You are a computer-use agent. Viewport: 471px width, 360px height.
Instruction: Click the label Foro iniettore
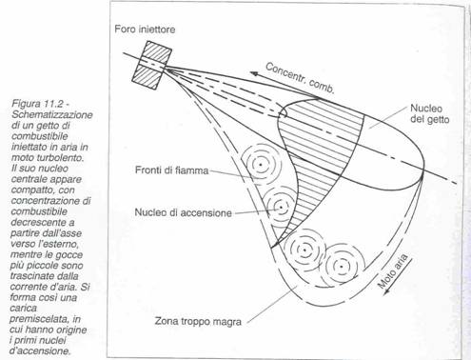145,30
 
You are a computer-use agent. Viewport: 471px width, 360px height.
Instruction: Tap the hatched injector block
151,65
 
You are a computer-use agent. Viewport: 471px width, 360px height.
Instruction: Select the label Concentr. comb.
300,78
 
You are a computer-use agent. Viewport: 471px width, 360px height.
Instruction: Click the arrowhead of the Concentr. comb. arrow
254,74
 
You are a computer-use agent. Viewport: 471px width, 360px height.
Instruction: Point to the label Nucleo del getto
429,113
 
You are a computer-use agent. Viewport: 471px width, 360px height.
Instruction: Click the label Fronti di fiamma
171,170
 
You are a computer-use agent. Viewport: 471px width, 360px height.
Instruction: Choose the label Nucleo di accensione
183,212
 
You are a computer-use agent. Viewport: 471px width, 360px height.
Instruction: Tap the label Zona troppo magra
198,321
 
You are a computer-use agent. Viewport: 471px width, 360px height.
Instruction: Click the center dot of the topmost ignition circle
261,165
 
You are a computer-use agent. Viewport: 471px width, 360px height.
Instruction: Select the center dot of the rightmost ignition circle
341,266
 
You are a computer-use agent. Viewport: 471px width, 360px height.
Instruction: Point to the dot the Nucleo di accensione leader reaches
281,208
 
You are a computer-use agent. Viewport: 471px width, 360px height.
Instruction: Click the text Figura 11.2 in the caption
38,104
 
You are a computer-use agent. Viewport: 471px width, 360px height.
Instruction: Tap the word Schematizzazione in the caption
52,114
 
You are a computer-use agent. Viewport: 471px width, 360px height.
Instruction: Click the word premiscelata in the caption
38,319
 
